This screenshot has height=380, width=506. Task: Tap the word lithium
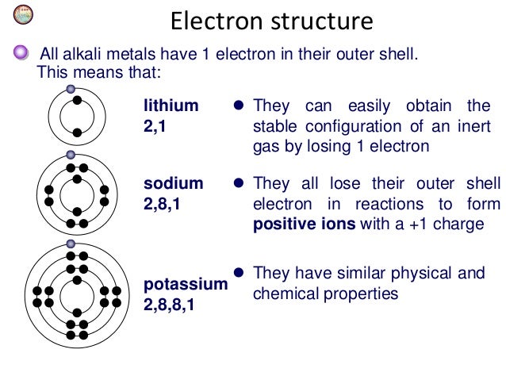tap(171, 106)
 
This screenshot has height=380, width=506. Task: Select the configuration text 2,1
tap(153, 125)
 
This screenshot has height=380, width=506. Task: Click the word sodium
tap(173, 183)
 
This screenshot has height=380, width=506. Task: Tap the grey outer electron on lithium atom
tap(71, 90)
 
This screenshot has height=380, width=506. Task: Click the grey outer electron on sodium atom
tap(71, 155)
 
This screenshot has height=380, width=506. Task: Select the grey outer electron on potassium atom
tap(71, 244)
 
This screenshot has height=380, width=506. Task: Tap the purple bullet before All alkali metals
tap(21, 54)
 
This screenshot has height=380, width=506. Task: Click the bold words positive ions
tap(305, 224)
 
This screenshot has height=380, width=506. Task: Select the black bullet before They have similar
tap(236, 274)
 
